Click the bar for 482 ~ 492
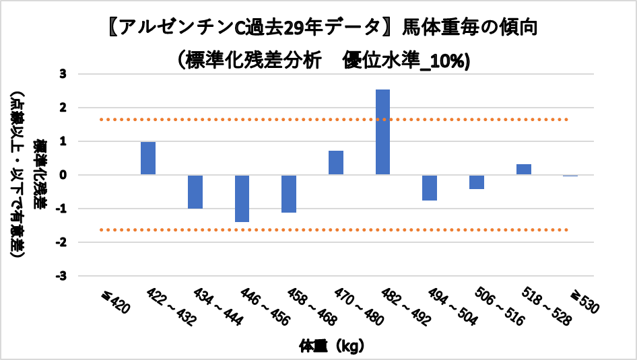point(382,132)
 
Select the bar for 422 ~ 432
point(148,158)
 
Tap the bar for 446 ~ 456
point(242,199)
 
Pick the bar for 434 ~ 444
point(195,192)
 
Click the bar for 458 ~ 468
point(289,194)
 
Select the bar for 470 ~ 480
point(336,163)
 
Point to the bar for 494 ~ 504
point(430,188)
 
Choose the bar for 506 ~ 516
point(477,182)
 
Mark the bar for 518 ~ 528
point(524,170)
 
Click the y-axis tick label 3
point(63,74)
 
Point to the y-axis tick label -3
point(61,276)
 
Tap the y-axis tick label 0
point(63,175)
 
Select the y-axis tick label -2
point(61,242)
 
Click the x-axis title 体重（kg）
point(332,347)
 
